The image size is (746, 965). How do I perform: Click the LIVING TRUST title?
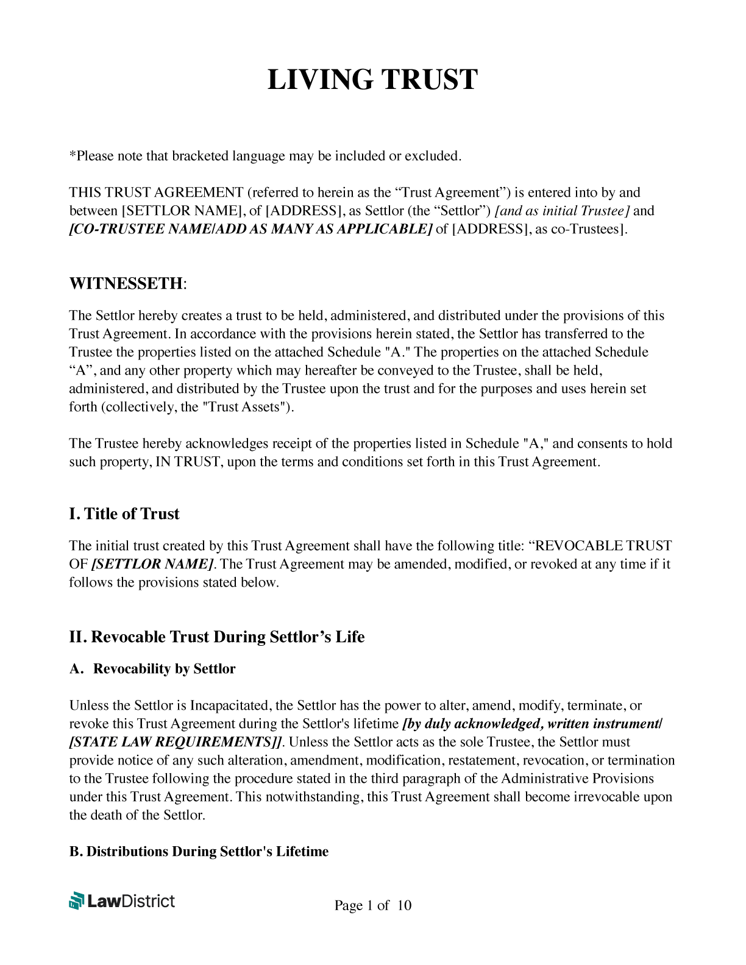pyautogui.click(x=372, y=80)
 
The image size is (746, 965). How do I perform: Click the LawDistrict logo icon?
pyautogui.click(x=77, y=900)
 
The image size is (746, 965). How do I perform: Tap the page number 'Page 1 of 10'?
pyautogui.click(x=372, y=905)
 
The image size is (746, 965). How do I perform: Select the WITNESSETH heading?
pyautogui.click(x=126, y=283)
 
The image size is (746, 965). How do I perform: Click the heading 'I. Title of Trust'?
pyautogui.click(x=124, y=514)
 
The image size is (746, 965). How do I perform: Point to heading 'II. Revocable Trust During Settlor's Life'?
pyautogui.click(x=217, y=637)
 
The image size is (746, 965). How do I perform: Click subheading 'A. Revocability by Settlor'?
pyautogui.click(x=152, y=669)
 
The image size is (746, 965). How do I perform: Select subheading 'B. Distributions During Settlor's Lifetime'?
pyautogui.click(x=199, y=851)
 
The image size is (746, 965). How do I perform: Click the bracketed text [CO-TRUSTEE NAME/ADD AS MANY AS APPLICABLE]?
pyautogui.click(x=250, y=229)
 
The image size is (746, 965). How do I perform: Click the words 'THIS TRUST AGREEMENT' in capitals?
pyautogui.click(x=156, y=193)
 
